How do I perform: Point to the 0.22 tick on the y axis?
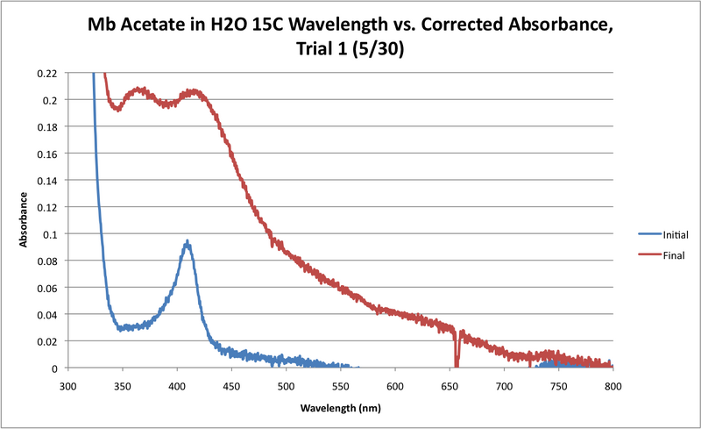point(48,73)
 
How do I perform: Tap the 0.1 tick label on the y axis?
point(52,234)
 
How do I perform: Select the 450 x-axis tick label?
point(231,385)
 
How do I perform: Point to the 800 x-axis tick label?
point(612,385)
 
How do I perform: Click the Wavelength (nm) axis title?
point(341,408)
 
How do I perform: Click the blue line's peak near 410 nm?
point(186,242)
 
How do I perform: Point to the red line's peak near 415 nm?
point(194,90)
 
